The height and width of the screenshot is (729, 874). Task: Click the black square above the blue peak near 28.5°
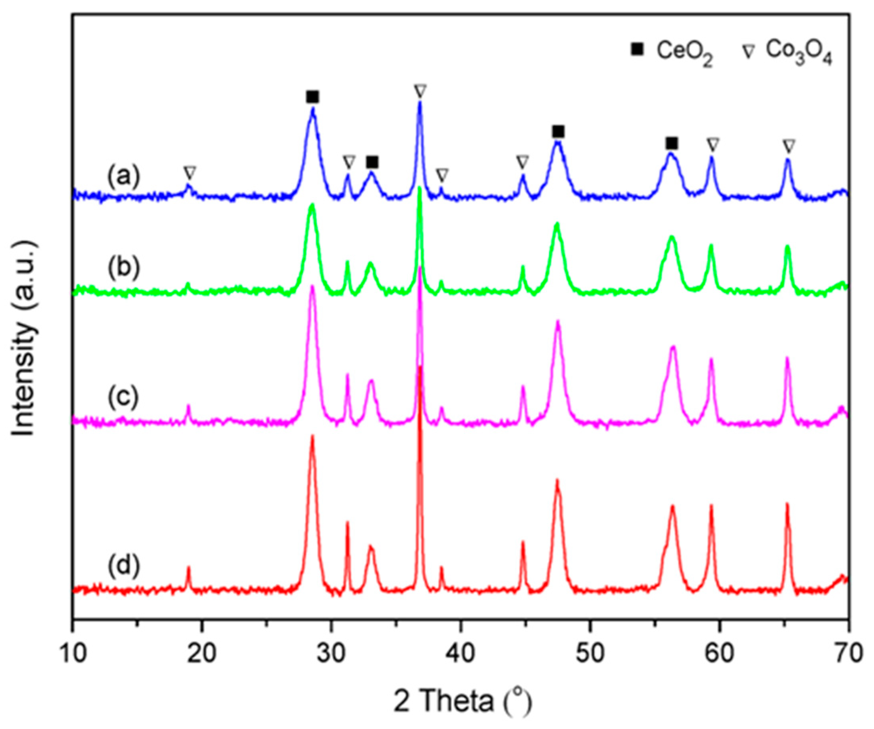pos(312,97)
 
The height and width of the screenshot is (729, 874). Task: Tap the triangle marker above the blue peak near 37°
pos(420,90)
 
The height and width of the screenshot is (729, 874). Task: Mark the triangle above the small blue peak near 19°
pos(190,172)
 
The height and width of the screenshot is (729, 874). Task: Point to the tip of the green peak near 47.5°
pos(557,224)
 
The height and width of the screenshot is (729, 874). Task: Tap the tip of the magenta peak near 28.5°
pos(312,286)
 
